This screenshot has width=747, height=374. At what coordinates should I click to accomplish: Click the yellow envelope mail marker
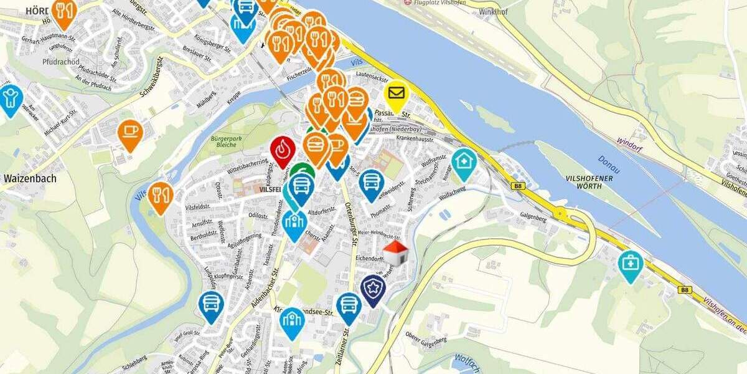coord(397,95)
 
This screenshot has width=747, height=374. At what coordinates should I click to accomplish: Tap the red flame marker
coord(283,150)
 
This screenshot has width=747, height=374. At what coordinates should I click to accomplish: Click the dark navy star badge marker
coord(373,289)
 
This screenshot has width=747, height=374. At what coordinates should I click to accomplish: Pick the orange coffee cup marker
coord(130,133)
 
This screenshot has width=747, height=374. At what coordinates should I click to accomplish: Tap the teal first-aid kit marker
coord(631,264)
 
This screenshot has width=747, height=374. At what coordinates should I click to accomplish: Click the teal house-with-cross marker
coord(464,161)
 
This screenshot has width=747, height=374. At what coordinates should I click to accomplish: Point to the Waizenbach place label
coord(30,178)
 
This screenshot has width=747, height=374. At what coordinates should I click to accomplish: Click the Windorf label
coord(629,140)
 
